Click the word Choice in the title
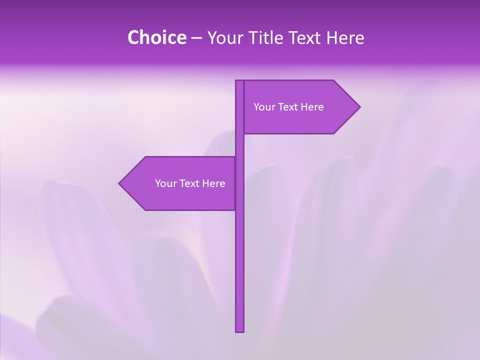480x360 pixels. (156, 38)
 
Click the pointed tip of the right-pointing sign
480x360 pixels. (359, 107)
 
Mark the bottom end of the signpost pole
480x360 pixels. (240, 330)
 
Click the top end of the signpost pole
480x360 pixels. (240, 81)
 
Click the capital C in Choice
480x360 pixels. (133, 38)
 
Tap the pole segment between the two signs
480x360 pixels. (240, 145)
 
